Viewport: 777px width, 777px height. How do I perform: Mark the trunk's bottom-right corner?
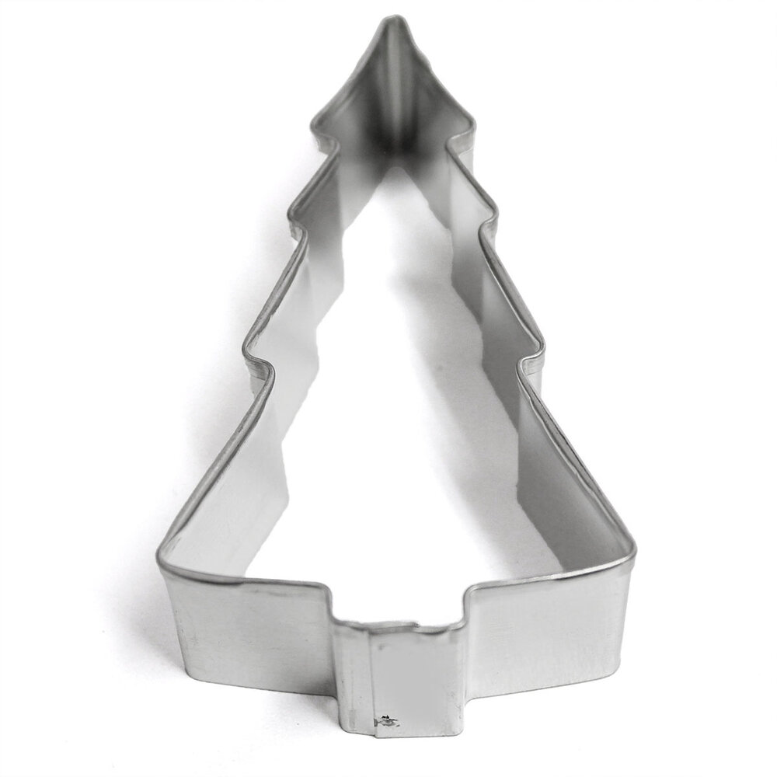(x=464, y=730)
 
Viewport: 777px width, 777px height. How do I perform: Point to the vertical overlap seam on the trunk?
(x=369, y=676)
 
